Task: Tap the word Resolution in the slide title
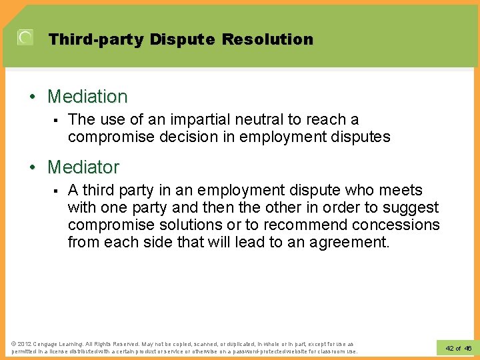click(x=267, y=39)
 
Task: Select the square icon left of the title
click(x=25, y=38)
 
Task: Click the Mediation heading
click(x=87, y=97)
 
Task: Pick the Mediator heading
click(x=83, y=167)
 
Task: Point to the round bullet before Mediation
click(x=33, y=97)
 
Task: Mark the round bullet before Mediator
click(x=33, y=167)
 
